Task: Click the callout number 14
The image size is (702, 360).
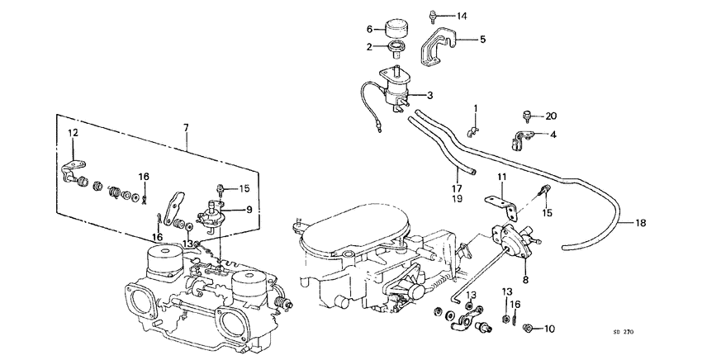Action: [x=461, y=17]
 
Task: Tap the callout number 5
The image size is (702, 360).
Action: [x=482, y=40]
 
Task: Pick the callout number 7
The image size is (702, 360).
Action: [x=186, y=128]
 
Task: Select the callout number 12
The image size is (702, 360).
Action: [x=73, y=133]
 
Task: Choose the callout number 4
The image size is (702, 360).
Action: [x=553, y=135]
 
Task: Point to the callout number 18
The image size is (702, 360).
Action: [x=641, y=223]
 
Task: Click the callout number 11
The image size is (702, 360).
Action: [x=500, y=178]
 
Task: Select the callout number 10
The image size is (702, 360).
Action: [x=549, y=329]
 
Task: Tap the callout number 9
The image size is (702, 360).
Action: [x=249, y=209]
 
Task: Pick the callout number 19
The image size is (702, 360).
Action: [x=457, y=199]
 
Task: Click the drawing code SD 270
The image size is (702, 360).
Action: [x=623, y=332]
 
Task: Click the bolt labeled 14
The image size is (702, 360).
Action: [x=432, y=17]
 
